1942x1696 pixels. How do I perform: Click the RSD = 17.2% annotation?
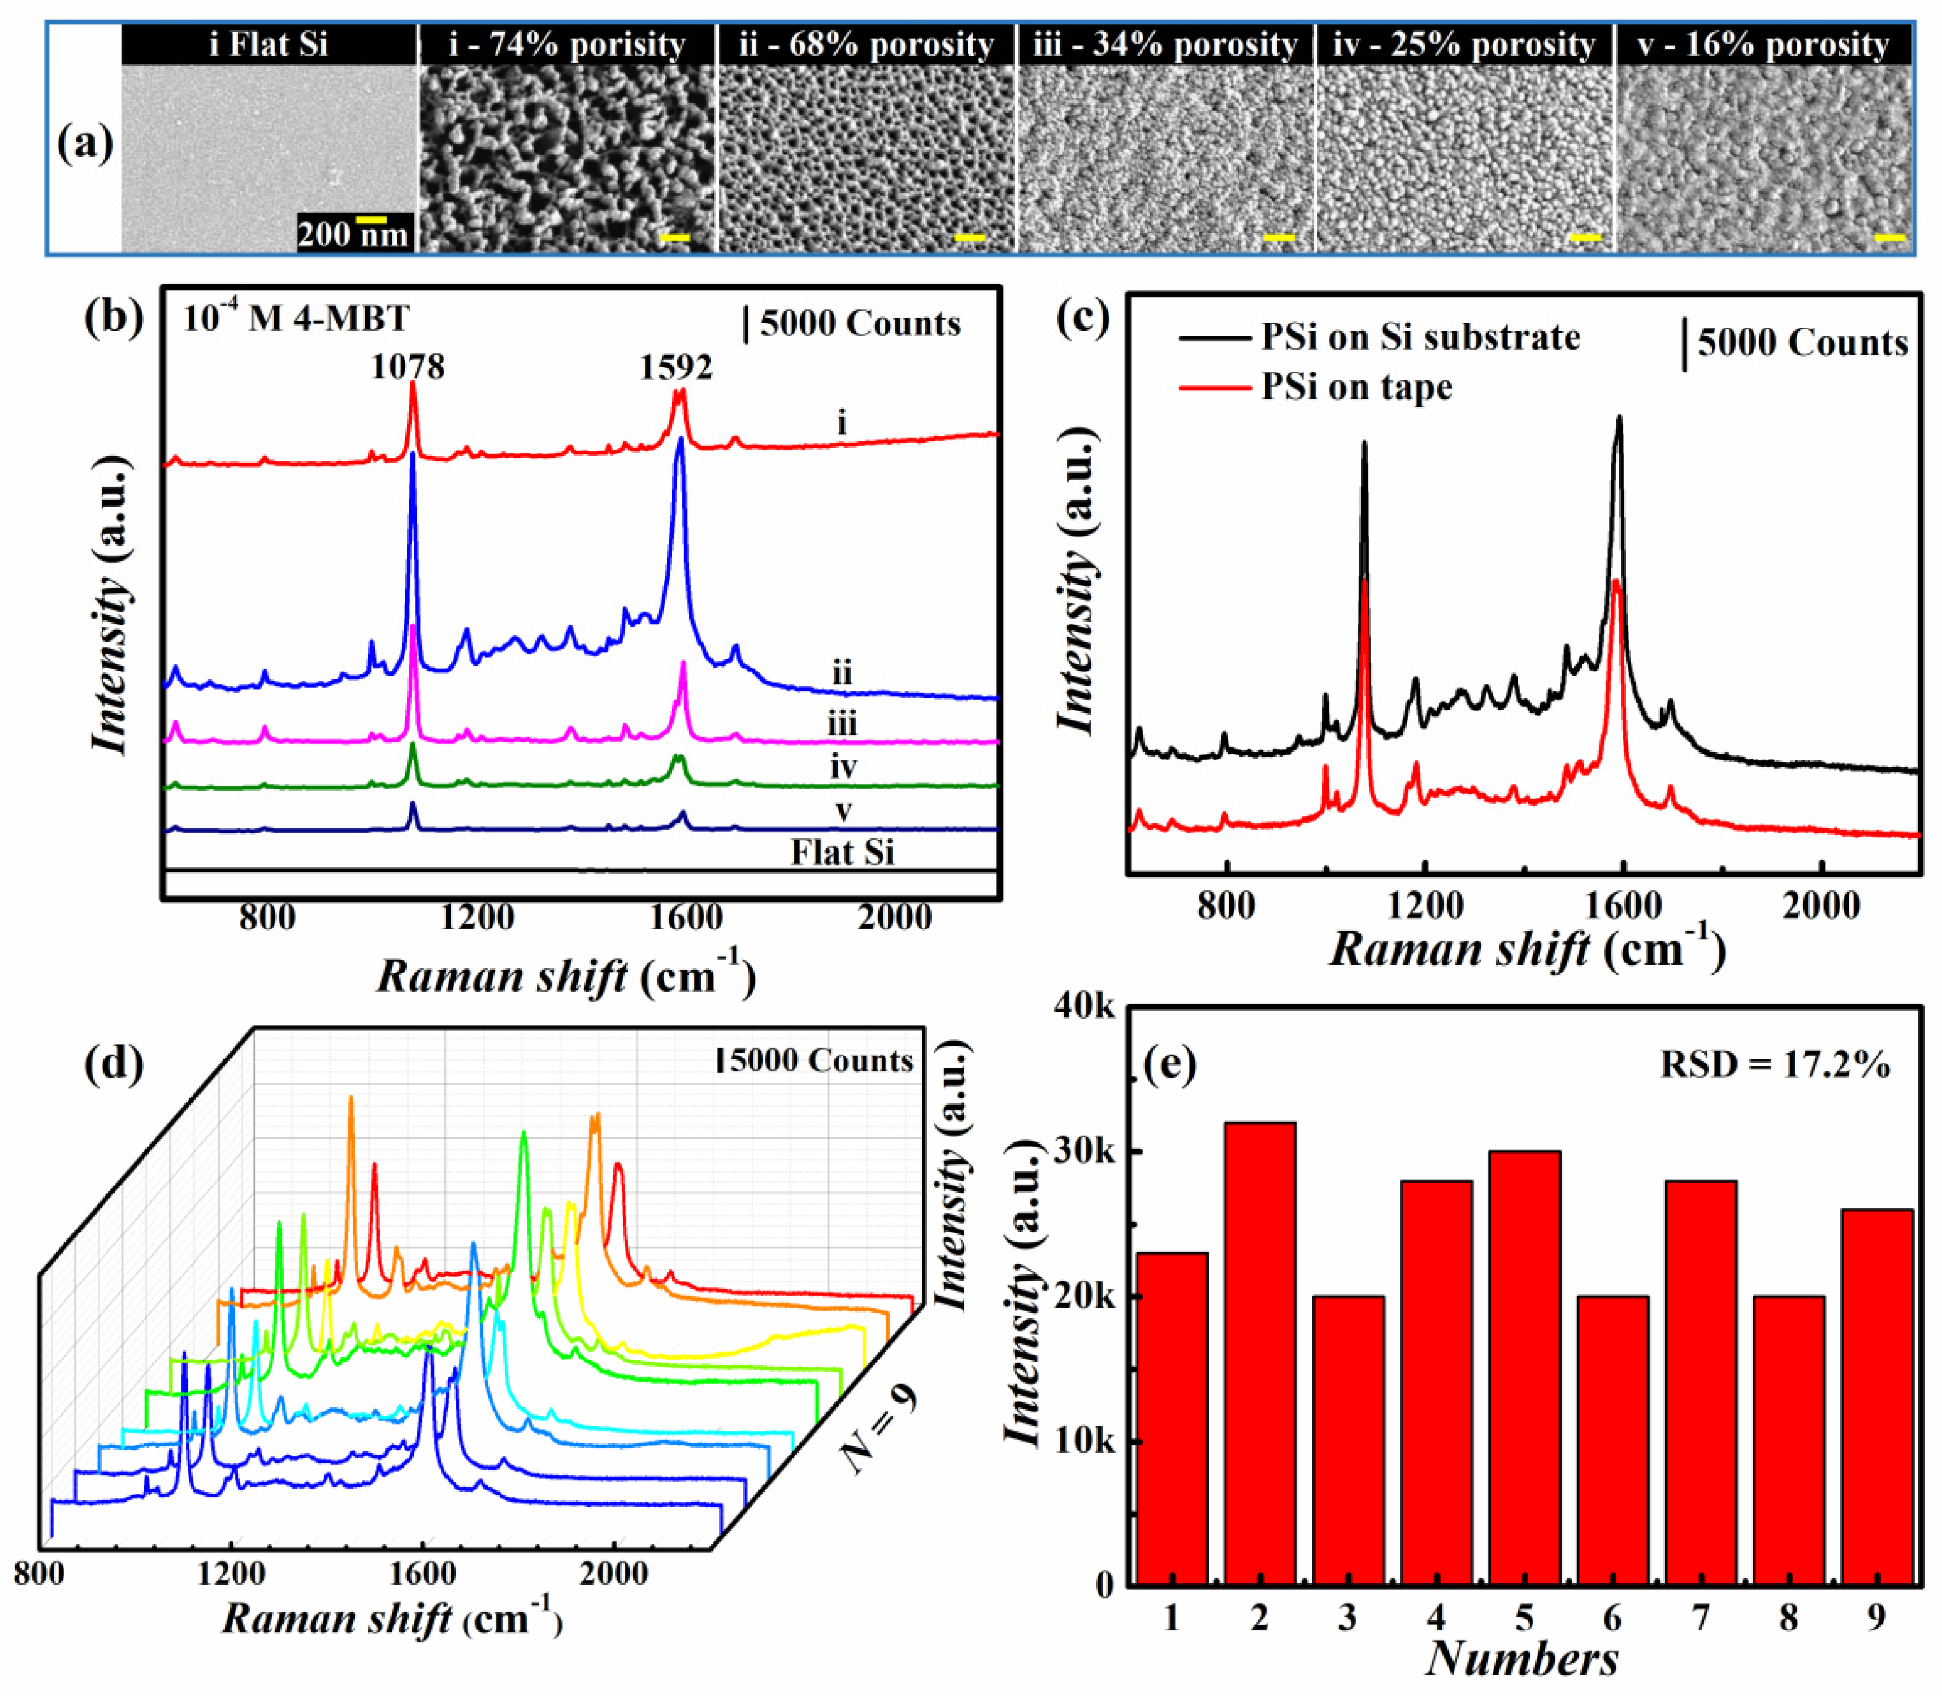pos(1774,1066)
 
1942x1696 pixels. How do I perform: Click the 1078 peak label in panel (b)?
pos(408,367)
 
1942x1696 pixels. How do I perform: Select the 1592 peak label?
pos(676,367)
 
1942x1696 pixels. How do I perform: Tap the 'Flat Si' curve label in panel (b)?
pos(843,853)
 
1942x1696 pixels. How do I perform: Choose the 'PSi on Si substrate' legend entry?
pos(1420,337)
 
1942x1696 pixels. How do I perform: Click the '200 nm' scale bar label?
pos(352,234)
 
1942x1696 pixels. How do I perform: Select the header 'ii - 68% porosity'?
pos(866,45)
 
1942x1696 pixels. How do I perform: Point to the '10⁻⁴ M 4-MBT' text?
pos(295,318)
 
